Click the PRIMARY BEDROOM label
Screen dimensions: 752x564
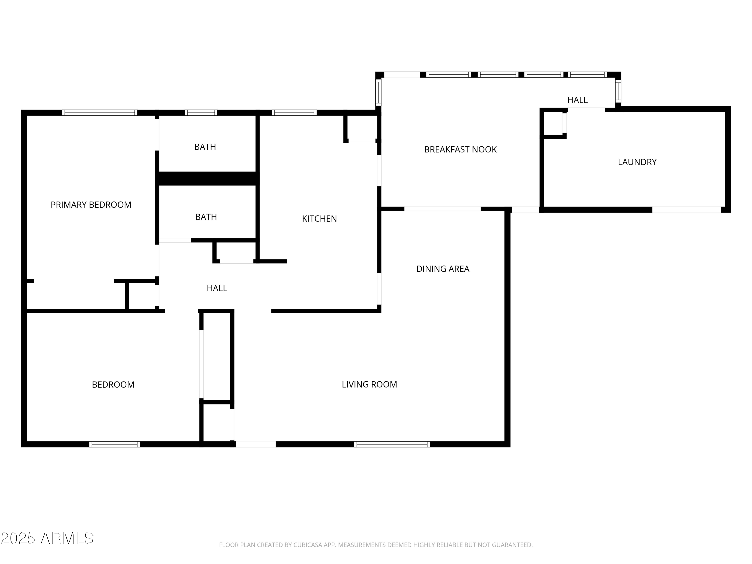tap(91, 205)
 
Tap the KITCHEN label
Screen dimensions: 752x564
tap(319, 219)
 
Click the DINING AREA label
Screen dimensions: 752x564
tap(443, 269)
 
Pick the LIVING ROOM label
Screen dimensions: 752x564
tap(369, 384)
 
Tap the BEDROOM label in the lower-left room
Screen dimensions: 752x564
tap(113, 385)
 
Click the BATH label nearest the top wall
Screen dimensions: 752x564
tap(205, 147)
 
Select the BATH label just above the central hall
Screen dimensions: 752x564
tap(206, 217)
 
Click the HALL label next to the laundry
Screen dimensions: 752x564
tap(577, 100)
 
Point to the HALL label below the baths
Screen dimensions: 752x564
tap(217, 288)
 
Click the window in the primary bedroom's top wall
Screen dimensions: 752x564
tap(100, 113)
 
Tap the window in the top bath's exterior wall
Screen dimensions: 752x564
tap(201, 113)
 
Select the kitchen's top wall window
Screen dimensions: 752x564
tap(294, 113)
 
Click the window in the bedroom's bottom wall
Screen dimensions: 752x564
tap(115, 444)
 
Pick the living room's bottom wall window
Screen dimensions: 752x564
tap(392, 444)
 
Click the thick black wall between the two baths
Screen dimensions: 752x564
tap(207, 178)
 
